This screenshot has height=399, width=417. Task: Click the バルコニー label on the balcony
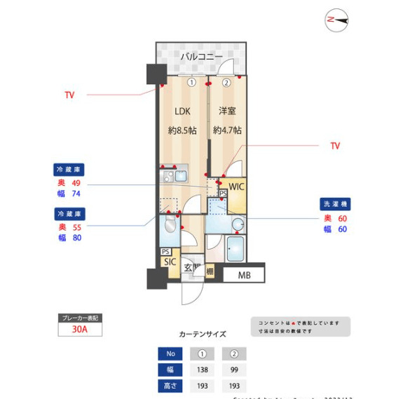(201, 56)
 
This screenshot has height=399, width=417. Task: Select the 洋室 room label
(226, 111)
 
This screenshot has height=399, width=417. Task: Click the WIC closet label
(236, 187)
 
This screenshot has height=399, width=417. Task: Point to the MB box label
(243, 275)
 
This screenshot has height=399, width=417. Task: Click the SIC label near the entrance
(170, 262)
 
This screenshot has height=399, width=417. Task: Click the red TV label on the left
(69, 95)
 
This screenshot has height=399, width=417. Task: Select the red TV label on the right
(335, 146)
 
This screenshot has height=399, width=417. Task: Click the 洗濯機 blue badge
(336, 204)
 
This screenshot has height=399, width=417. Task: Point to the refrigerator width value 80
(76, 238)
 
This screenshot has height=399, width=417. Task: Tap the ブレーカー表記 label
(80, 318)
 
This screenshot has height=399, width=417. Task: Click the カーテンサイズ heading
(203, 334)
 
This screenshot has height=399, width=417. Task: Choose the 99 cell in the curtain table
(234, 370)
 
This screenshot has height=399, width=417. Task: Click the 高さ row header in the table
(170, 386)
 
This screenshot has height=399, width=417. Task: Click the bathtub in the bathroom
(235, 248)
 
